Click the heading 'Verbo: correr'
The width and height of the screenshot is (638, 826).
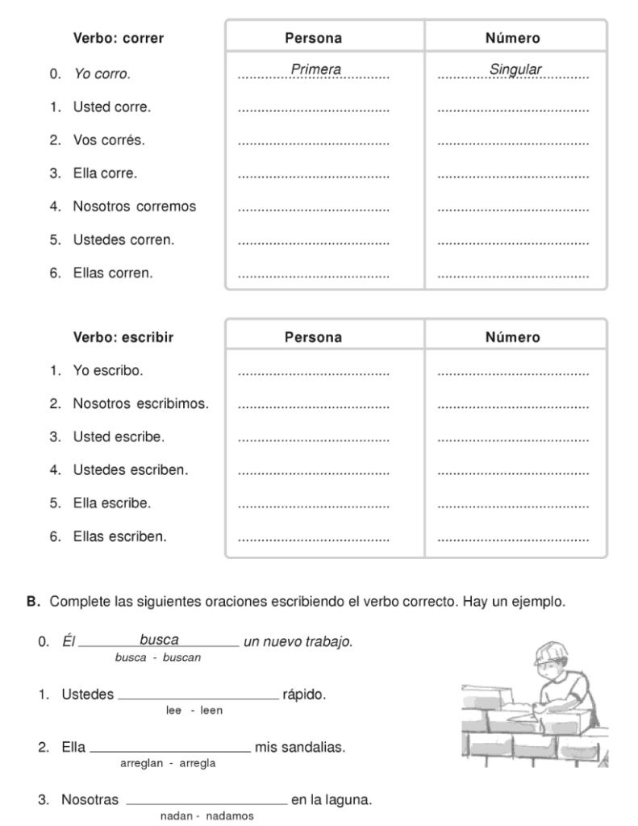(123, 38)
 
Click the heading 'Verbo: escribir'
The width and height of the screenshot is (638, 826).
(123, 337)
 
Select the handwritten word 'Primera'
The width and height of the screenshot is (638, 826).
(315, 70)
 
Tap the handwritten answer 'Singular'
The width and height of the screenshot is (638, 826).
(515, 70)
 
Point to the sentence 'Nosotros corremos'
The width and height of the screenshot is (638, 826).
(134, 206)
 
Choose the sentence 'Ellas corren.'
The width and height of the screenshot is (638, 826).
(112, 273)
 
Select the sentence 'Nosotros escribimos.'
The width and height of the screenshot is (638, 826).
(140, 404)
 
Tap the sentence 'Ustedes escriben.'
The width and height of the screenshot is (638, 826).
(131, 469)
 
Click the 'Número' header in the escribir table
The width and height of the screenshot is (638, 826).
(513, 337)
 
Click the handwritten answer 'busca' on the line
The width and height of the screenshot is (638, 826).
(159, 640)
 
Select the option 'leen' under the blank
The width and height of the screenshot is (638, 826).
(211, 710)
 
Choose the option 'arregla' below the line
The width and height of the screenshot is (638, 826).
(197, 763)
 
